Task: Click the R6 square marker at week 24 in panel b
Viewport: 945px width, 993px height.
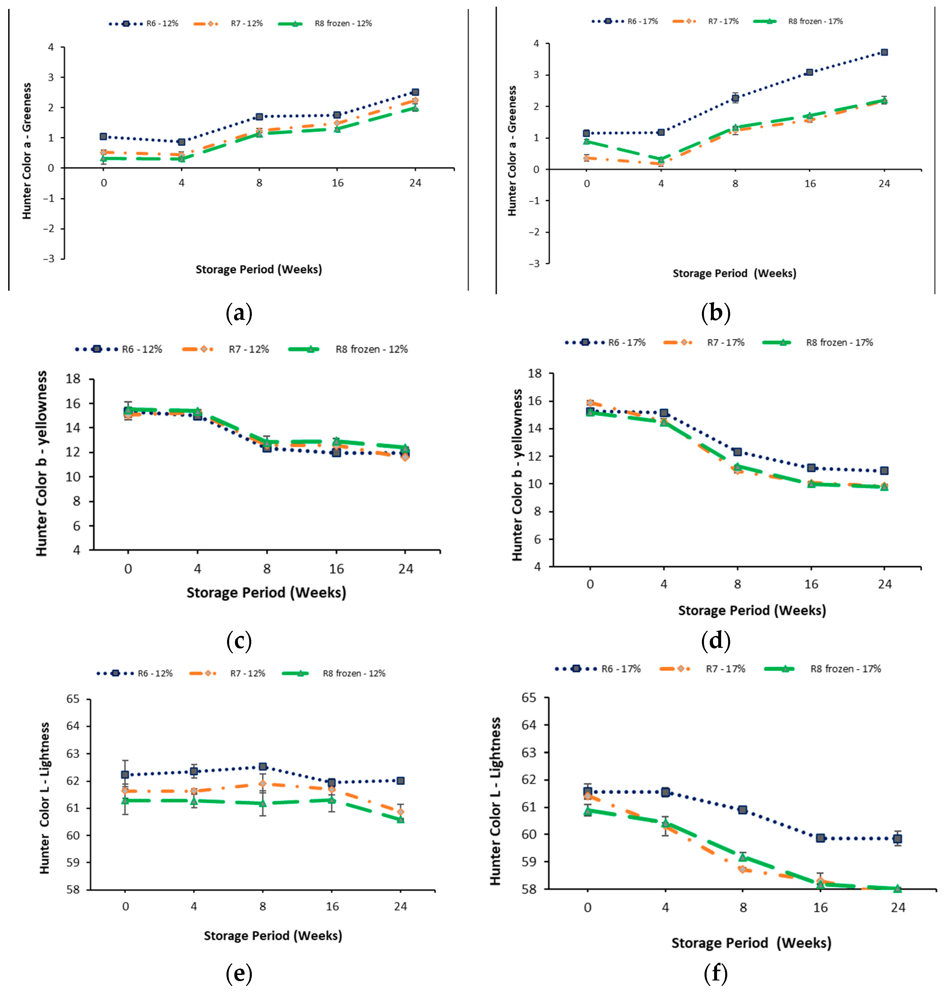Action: [884, 52]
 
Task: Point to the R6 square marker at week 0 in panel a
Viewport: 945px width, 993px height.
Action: [103, 136]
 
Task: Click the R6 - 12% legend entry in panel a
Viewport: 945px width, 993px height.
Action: [144, 24]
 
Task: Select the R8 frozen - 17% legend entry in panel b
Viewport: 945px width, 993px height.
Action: [798, 21]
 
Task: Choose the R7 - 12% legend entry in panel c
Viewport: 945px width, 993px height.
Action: [226, 349]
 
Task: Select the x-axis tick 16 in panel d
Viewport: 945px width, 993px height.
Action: [811, 584]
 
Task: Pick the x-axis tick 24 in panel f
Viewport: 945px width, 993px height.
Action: [898, 907]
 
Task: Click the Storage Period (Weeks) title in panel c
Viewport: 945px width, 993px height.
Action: [266, 593]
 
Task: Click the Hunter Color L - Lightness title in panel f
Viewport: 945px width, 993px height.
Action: [496, 801]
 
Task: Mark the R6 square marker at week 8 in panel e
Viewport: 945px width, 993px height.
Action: [262, 766]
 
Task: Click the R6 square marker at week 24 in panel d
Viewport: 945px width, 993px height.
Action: [884, 471]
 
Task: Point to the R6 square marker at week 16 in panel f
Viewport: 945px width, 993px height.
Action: [821, 838]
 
